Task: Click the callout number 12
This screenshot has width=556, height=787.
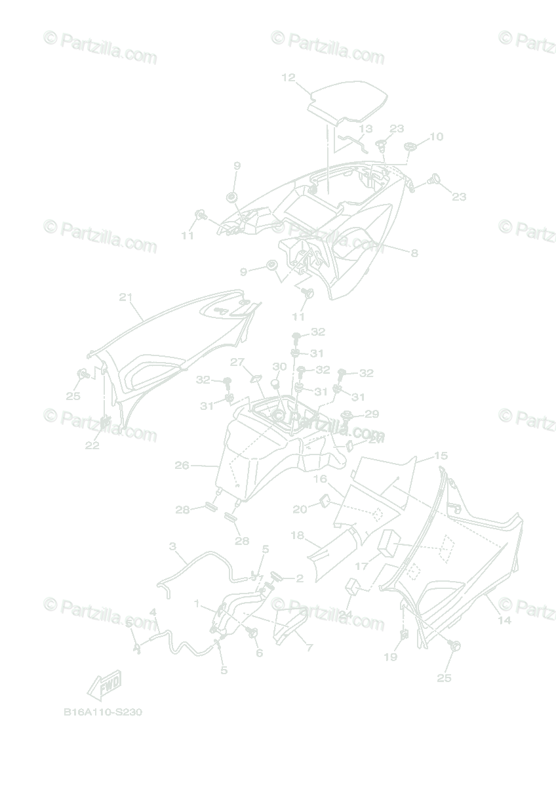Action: (x=288, y=77)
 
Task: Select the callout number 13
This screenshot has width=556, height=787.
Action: (x=365, y=129)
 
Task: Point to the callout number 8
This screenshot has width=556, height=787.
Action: (x=414, y=253)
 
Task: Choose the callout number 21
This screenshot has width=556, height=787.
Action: (x=126, y=297)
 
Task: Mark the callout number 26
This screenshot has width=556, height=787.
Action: (x=182, y=466)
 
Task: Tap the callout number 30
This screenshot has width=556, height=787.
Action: (x=279, y=367)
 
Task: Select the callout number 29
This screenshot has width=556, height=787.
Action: (x=372, y=414)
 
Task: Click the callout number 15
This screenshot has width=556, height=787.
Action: (x=441, y=455)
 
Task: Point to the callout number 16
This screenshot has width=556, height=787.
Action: (x=320, y=479)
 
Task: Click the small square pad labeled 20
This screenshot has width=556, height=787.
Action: (x=324, y=503)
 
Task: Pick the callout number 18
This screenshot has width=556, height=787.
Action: (x=298, y=536)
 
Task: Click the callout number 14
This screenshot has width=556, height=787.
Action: (x=504, y=620)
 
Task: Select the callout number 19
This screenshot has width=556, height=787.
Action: (x=391, y=656)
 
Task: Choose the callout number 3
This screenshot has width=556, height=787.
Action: (x=172, y=546)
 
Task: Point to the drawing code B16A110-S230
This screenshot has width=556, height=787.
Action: (x=103, y=712)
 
